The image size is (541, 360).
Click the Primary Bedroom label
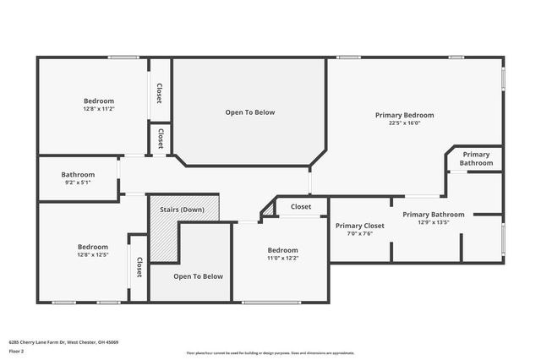pyautogui.click(x=404, y=115)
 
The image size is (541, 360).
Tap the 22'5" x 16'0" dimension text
pyautogui.click(x=404, y=123)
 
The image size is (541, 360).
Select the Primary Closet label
pyautogui.click(x=359, y=226)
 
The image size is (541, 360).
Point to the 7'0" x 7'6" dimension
pyautogui.click(x=359, y=234)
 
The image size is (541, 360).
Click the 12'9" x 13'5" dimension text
pyautogui.click(x=433, y=223)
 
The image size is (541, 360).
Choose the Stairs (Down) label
pyautogui.click(x=182, y=209)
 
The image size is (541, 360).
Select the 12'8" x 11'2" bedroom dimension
pyautogui.click(x=99, y=109)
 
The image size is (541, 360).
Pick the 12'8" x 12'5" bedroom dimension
pyautogui.click(x=93, y=254)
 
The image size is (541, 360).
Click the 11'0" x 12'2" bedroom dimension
pyautogui.click(x=282, y=259)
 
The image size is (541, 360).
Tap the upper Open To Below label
pyautogui.click(x=249, y=112)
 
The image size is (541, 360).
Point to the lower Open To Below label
pyautogui.click(x=198, y=276)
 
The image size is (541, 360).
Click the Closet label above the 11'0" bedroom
pyautogui.click(x=301, y=207)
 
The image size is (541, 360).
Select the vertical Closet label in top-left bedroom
pyautogui.click(x=159, y=93)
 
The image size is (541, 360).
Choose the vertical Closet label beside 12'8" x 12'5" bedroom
pyautogui.click(x=139, y=268)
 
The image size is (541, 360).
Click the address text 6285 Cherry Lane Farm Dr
pyautogui.click(x=63, y=342)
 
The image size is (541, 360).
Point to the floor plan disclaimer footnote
pyautogui.click(x=270, y=352)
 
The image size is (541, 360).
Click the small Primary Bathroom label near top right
pyautogui.click(x=476, y=158)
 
